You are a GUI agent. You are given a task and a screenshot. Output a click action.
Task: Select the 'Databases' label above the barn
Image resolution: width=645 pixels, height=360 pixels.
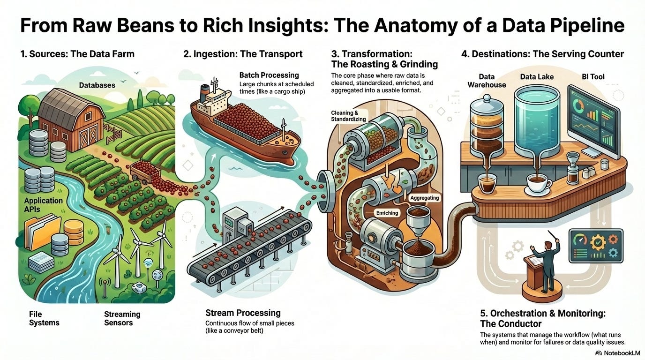click(x=97, y=85)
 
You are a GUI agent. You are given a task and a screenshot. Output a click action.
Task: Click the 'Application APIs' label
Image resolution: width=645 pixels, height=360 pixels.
click(x=44, y=204)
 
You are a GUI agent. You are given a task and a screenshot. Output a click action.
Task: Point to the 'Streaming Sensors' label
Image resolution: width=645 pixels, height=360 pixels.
click(x=122, y=318)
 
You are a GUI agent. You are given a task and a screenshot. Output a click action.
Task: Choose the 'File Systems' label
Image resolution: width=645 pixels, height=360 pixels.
click(x=44, y=318)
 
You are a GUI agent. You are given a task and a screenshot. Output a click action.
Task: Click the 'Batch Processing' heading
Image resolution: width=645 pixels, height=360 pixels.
click(x=269, y=75)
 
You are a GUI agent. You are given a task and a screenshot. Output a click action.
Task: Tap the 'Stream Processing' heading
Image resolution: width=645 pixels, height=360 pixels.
click(x=243, y=313)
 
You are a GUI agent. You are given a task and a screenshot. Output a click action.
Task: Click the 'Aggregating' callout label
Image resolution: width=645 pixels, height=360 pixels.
click(x=424, y=198)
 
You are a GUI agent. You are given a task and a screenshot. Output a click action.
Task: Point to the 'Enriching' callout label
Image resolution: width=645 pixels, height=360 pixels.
click(x=387, y=213)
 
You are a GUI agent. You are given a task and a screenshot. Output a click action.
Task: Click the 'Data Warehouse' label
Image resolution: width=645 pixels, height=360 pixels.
click(x=487, y=81)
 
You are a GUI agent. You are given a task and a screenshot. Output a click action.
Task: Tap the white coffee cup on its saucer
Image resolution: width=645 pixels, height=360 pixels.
click(x=537, y=183)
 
